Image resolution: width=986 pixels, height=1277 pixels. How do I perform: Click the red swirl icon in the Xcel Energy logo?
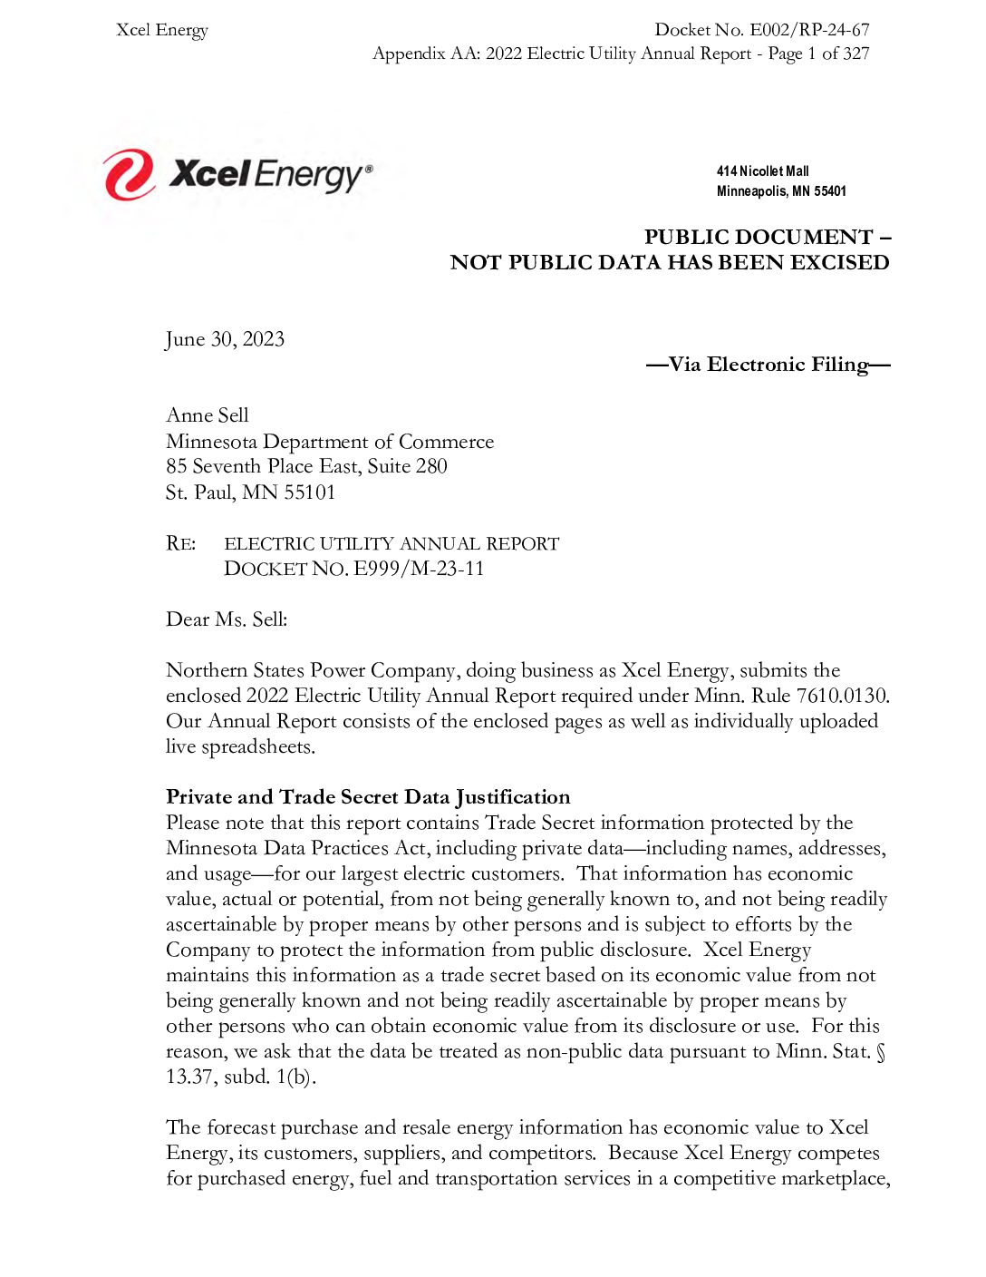pos(128,174)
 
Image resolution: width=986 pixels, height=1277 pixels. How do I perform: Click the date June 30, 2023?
pos(225,339)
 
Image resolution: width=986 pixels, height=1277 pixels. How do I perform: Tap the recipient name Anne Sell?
pos(207,415)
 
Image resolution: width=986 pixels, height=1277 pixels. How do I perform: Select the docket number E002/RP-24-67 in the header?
pos(809,30)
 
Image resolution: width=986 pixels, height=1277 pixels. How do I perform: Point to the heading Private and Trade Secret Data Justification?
pos(368,797)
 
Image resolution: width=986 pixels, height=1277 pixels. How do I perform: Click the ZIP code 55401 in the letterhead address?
pos(829,191)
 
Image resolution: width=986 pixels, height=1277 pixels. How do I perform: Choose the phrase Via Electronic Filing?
pos(768,365)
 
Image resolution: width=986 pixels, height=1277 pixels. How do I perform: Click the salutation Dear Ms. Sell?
pos(227,619)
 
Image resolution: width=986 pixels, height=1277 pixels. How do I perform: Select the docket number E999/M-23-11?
pos(419,569)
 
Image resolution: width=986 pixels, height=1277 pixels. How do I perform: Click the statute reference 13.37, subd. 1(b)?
pos(240,1077)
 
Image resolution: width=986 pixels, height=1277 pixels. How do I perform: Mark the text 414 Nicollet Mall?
pos(762,171)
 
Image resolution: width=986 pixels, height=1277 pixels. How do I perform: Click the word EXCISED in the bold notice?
pos(839,263)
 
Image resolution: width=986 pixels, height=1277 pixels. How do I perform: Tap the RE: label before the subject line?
pos(180,543)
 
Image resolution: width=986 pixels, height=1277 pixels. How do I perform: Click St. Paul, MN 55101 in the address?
pos(250,492)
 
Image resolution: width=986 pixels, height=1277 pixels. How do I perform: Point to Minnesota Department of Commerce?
pos(330,442)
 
